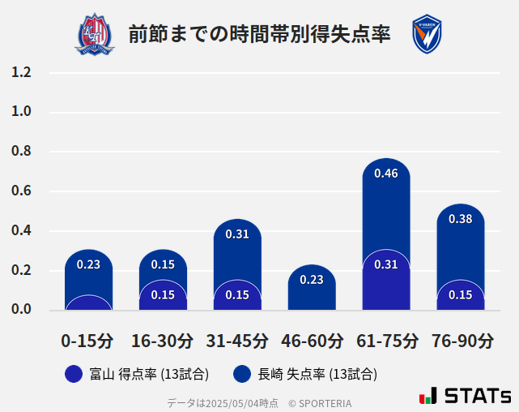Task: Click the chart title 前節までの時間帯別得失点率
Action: tap(259, 34)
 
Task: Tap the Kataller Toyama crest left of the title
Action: tap(96, 34)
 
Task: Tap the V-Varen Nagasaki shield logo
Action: tap(427, 34)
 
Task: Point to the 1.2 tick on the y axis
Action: tap(21, 72)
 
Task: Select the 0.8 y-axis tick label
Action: tap(21, 152)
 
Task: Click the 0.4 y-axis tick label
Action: tap(21, 231)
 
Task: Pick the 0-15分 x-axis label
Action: tap(88, 341)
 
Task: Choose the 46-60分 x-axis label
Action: tap(312, 341)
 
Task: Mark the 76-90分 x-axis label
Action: tap(461, 341)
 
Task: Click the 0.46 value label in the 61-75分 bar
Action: tap(386, 174)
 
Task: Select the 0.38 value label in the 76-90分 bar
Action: tap(461, 219)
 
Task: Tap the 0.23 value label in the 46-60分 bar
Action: tap(312, 280)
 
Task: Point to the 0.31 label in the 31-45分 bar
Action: tap(237, 234)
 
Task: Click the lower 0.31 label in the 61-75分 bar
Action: tap(386, 264)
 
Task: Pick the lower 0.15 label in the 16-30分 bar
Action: tap(163, 295)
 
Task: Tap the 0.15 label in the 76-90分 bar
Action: tap(461, 295)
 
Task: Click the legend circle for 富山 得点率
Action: tap(74, 374)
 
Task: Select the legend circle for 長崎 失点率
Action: tap(242, 374)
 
